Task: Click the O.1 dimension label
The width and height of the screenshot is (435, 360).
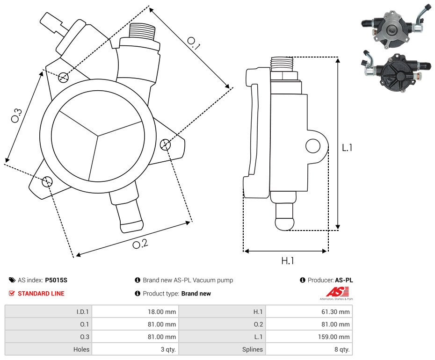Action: (194, 43)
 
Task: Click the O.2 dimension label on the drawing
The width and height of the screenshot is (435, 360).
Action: (140, 244)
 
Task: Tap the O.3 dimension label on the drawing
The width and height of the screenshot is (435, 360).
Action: (16, 115)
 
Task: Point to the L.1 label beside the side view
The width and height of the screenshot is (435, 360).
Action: (347, 148)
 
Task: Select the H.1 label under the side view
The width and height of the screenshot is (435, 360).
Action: (287, 261)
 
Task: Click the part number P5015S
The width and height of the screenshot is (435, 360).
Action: (56, 280)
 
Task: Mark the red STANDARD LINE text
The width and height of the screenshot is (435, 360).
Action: (41, 294)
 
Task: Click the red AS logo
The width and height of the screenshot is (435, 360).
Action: (335, 292)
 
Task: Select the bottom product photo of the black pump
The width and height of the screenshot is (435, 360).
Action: (394, 74)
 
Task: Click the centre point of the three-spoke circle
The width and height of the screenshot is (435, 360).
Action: (98, 136)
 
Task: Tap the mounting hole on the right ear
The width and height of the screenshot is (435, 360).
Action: (165, 144)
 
